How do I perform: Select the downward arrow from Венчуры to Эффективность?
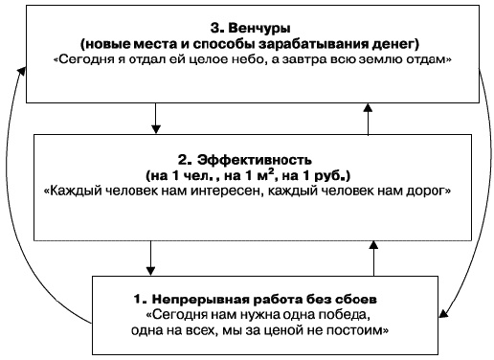click(x=153, y=119)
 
